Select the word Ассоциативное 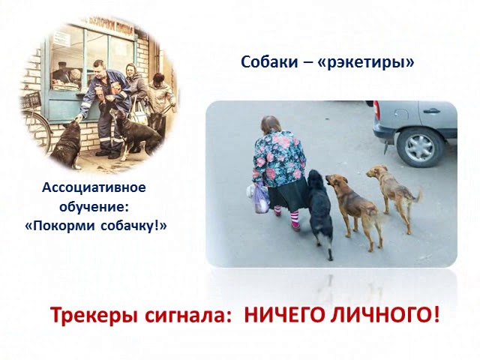pyautogui.click(x=94, y=187)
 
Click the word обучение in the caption pyautogui.click(x=94, y=207)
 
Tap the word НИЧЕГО pyautogui.click(x=284, y=315)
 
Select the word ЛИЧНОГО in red pyautogui.click(x=385, y=315)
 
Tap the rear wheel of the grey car pyautogui.click(x=420, y=147)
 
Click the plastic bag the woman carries pyautogui.click(x=259, y=198)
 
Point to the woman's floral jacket pyautogui.click(x=278, y=158)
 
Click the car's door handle pyautogui.click(x=432, y=110)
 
